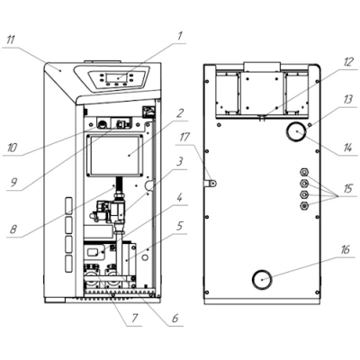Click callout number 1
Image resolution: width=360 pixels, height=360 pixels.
pyautogui.click(x=179, y=37)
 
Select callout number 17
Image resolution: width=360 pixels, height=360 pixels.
pyautogui.click(x=184, y=138)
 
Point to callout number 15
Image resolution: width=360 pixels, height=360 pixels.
pyautogui.click(x=348, y=190)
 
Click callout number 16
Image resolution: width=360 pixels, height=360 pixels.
pyautogui.click(x=346, y=249)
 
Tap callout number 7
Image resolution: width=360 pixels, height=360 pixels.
pyautogui.click(x=134, y=318)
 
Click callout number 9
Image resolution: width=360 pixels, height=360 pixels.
pyautogui.click(x=13, y=182)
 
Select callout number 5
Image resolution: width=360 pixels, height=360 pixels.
pyautogui.click(x=179, y=226)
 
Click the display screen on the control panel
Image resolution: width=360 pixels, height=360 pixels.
pyautogui.click(x=117, y=78)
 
